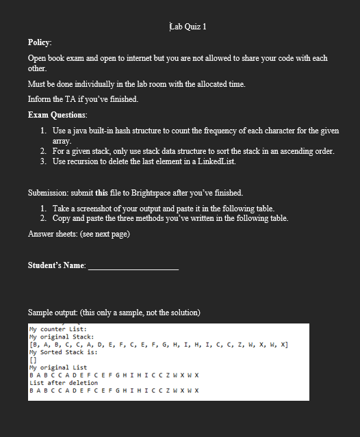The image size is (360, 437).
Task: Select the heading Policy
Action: point(40,42)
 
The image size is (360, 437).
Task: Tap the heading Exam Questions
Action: point(57,114)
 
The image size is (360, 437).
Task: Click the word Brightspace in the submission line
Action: point(159,193)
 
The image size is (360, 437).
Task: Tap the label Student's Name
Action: point(57,265)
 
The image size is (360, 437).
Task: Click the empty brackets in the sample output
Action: point(33,360)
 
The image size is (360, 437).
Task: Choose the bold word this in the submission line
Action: point(101,193)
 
